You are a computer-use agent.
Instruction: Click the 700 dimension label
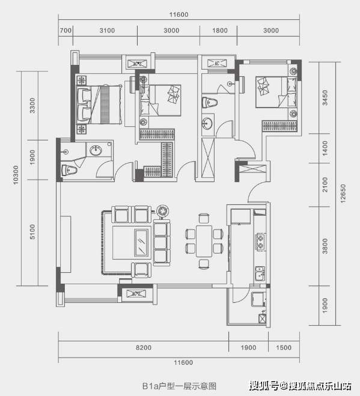[x=66, y=31]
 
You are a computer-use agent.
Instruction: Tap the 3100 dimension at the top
[x=107, y=31]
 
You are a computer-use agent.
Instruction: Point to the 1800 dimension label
[x=220, y=31]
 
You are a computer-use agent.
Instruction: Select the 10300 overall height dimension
[x=16, y=175]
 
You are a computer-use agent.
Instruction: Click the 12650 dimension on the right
[x=343, y=193]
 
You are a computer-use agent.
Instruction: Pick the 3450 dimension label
[x=325, y=98]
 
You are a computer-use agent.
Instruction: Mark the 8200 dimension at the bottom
[x=144, y=348]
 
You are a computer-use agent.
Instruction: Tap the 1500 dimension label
[x=284, y=348]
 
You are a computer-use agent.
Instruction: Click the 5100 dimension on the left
[x=32, y=231]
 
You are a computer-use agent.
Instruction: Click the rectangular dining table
[x=204, y=241]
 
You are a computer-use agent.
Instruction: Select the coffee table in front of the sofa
[x=141, y=243]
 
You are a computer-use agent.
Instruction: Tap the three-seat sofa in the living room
[x=162, y=243]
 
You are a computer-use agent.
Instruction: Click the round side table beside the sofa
[x=162, y=211]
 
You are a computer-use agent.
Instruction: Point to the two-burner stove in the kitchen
[x=260, y=242]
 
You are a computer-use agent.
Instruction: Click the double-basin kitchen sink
[x=260, y=273]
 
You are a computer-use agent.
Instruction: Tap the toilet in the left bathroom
[x=69, y=170]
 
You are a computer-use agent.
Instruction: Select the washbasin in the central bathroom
[x=207, y=124]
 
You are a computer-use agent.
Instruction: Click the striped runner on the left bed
[x=105, y=105]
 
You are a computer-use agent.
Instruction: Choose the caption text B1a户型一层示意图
[x=179, y=386]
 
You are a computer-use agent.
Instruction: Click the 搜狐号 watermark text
[x=264, y=386]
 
